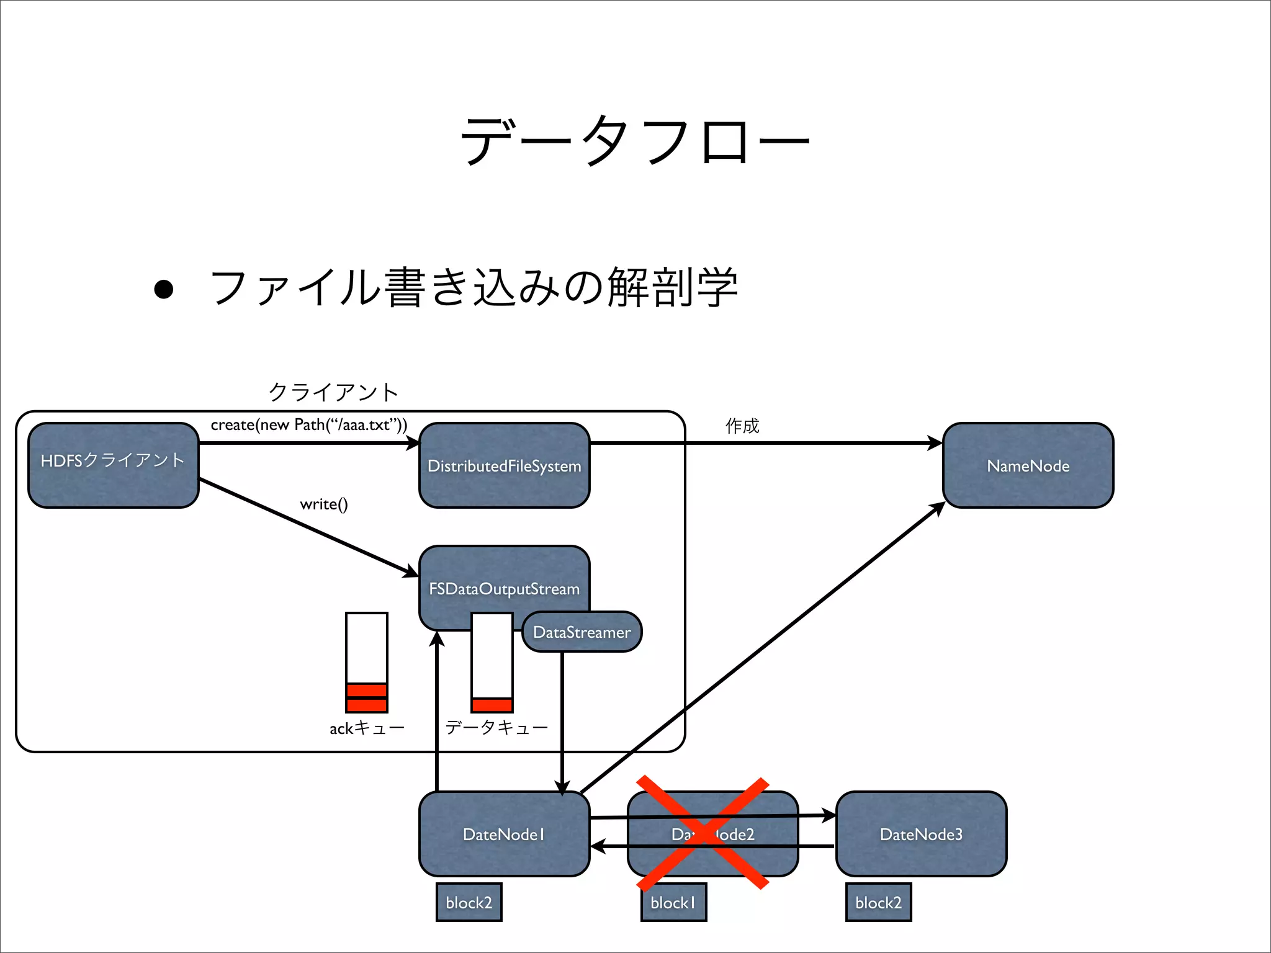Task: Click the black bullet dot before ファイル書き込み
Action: point(163,289)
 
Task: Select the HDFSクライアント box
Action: point(113,465)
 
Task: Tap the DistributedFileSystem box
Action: point(504,465)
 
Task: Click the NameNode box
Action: point(1028,465)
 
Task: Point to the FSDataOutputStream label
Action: point(504,588)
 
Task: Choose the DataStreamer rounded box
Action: point(582,632)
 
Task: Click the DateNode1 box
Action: point(504,834)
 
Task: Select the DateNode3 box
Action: point(921,834)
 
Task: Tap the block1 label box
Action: point(673,902)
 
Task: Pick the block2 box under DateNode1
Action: point(469,902)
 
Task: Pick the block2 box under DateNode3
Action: point(878,902)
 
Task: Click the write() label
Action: point(324,504)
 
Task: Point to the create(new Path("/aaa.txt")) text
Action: point(309,425)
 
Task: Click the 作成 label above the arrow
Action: point(742,426)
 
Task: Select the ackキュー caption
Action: point(367,728)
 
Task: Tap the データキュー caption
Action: point(496,727)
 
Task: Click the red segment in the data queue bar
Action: point(492,705)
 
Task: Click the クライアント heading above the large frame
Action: point(333,391)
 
